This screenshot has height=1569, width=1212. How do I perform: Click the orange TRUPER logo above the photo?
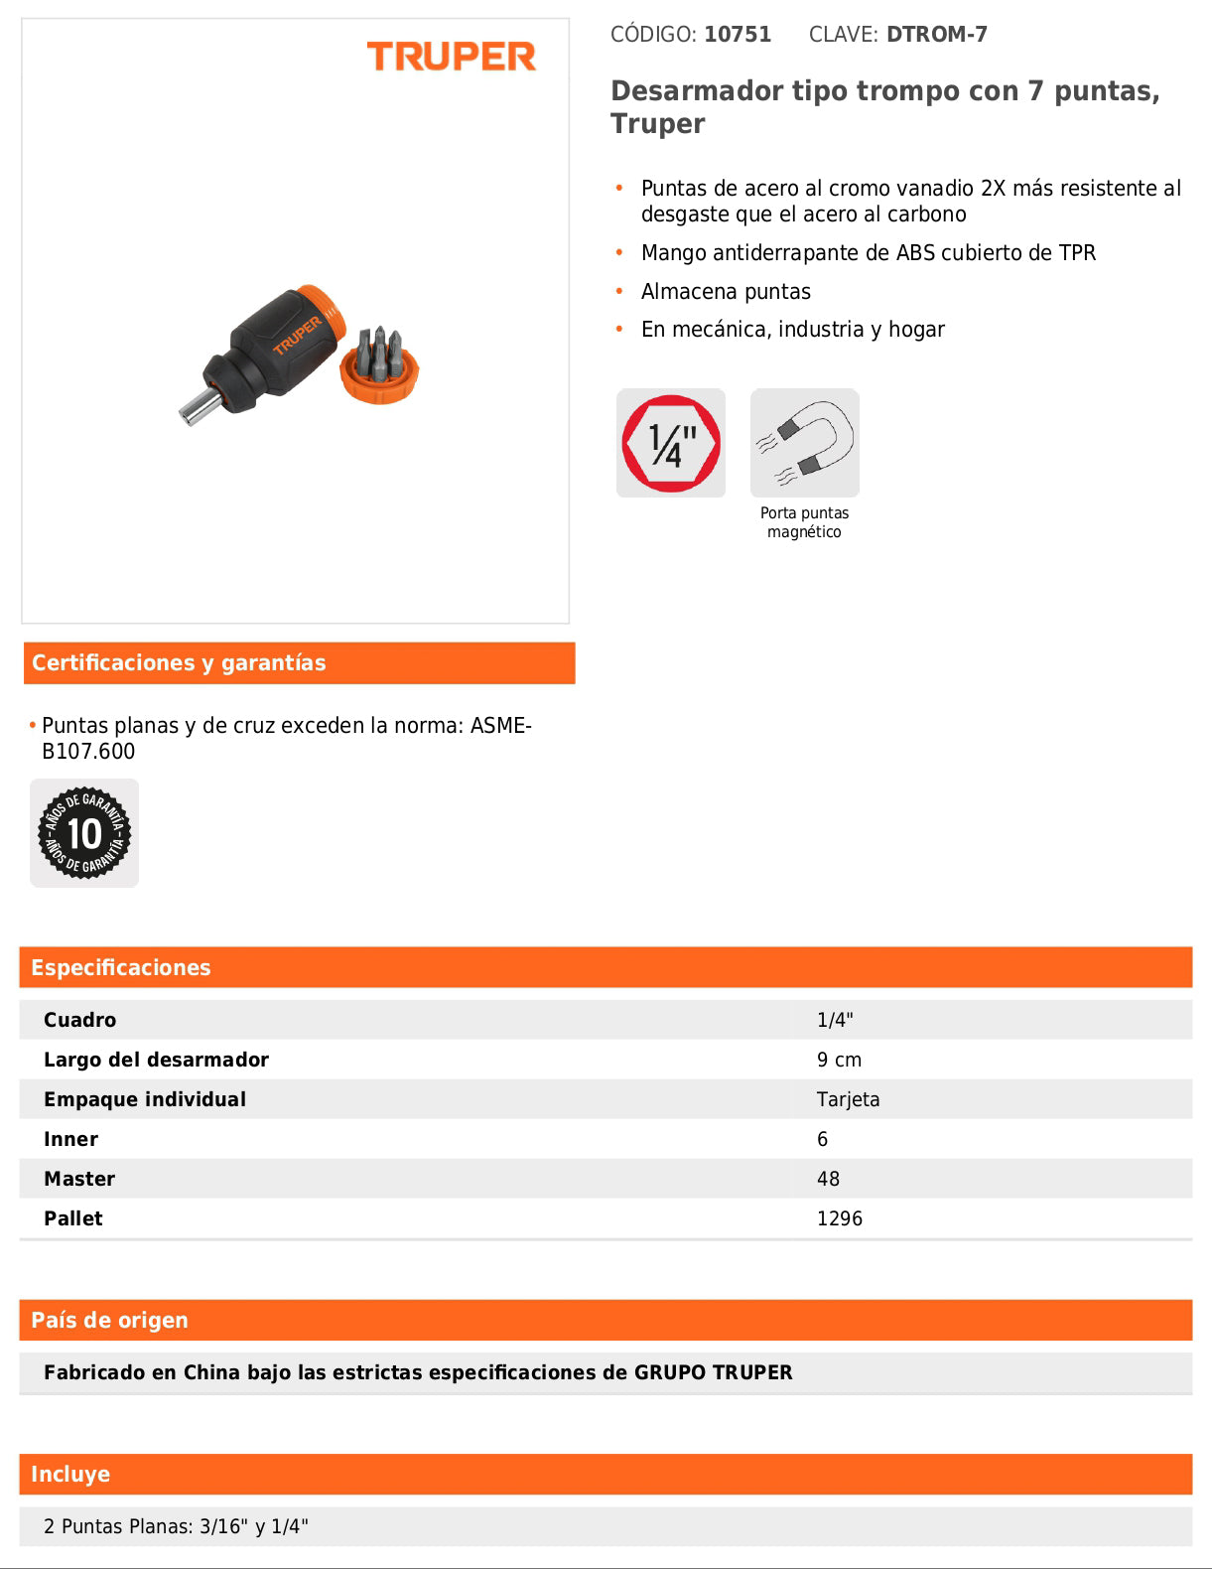point(451,57)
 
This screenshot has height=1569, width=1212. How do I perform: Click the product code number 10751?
point(738,35)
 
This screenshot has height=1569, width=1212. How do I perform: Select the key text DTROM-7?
point(936,35)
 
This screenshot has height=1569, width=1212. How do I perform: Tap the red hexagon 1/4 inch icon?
point(671,443)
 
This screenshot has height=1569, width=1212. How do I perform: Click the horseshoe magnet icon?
point(805,443)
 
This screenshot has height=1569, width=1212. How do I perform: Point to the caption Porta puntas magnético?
point(804,522)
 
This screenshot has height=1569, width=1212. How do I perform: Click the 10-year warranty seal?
point(84,833)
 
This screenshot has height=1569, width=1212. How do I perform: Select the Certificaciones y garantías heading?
point(179,663)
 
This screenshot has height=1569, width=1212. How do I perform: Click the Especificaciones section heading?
point(121,968)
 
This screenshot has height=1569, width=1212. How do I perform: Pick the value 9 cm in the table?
point(839,1060)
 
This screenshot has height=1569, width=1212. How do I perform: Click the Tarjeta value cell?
point(848,1099)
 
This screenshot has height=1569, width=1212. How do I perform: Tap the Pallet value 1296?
point(839,1218)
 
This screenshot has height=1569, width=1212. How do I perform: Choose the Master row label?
point(79,1179)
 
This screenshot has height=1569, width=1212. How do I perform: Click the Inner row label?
point(70,1139)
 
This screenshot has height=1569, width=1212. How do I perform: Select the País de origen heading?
point(109,1321)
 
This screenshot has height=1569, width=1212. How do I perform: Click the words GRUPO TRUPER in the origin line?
point(713,1372)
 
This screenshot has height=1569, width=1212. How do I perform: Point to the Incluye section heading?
point(70,1475)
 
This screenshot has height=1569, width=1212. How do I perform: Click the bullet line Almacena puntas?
point(726,292)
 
